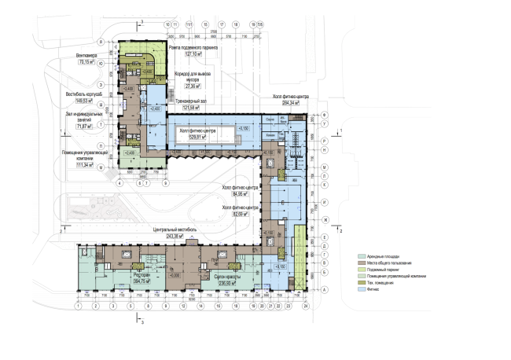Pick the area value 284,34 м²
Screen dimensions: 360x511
[289, 103]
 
